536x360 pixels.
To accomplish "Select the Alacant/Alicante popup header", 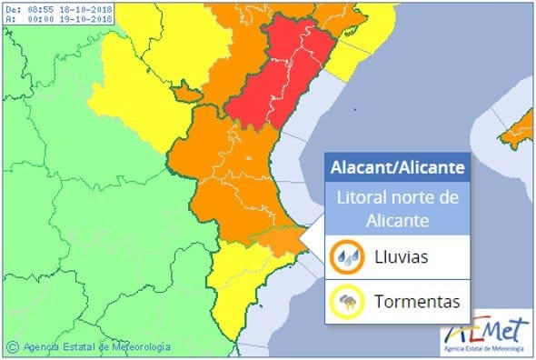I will click(398, 168).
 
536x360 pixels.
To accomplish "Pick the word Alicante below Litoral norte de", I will click(398, 219).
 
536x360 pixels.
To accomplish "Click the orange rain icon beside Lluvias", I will click(347, 256).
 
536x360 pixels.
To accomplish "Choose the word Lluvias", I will click(402, 257).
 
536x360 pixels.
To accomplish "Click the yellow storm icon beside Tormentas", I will click(347, 301).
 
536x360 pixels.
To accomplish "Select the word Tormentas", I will click(414, 301).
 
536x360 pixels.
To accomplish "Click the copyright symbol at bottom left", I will click(12, 346).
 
